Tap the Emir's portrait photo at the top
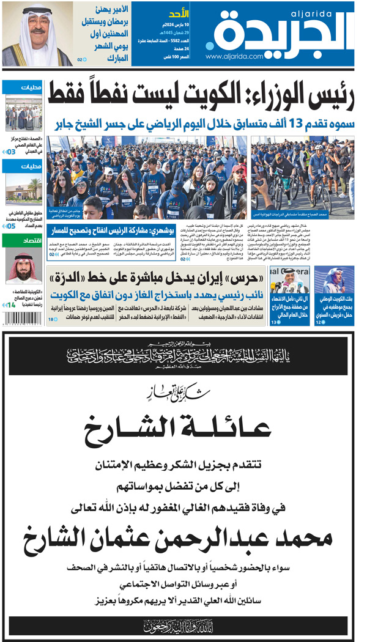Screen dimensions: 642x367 tap(37, 34)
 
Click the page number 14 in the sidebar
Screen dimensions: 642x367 tap(11, 304)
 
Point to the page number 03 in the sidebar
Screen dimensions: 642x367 tap(11, 152)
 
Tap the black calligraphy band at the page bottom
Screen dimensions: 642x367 tap(183, 625)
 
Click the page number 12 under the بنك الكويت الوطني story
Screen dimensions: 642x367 tap(319, 322)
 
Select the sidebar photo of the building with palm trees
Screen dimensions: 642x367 tap(24, 190)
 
